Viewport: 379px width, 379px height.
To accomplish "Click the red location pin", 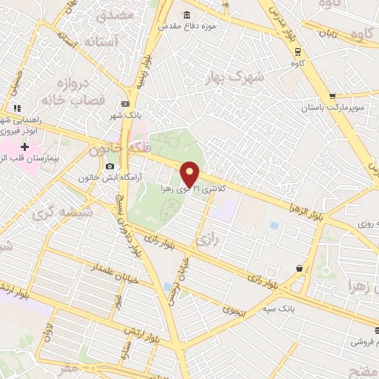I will click(190, 173).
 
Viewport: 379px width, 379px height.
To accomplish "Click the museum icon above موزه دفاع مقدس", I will click(184, 14).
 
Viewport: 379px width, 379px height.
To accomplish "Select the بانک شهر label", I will click(124, 115).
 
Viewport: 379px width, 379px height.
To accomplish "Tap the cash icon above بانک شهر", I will click(125, 104).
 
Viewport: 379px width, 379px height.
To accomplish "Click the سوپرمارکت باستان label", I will click(332, 108).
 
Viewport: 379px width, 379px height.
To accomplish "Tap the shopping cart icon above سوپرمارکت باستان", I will click(332, 95).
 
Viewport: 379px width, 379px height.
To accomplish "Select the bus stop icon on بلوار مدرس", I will click(298, 52).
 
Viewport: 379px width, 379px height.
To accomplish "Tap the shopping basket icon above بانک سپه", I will click(298, 267).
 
